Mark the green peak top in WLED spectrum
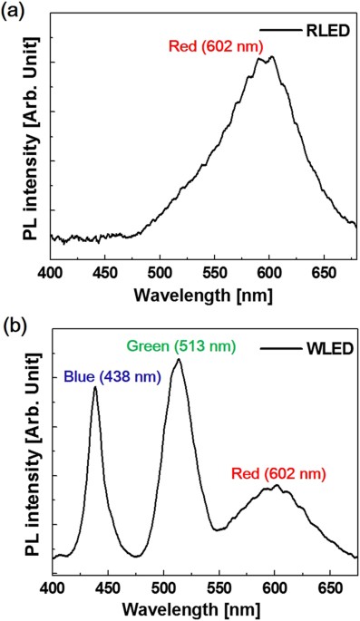pyautogui.click(x=179, y=360)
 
